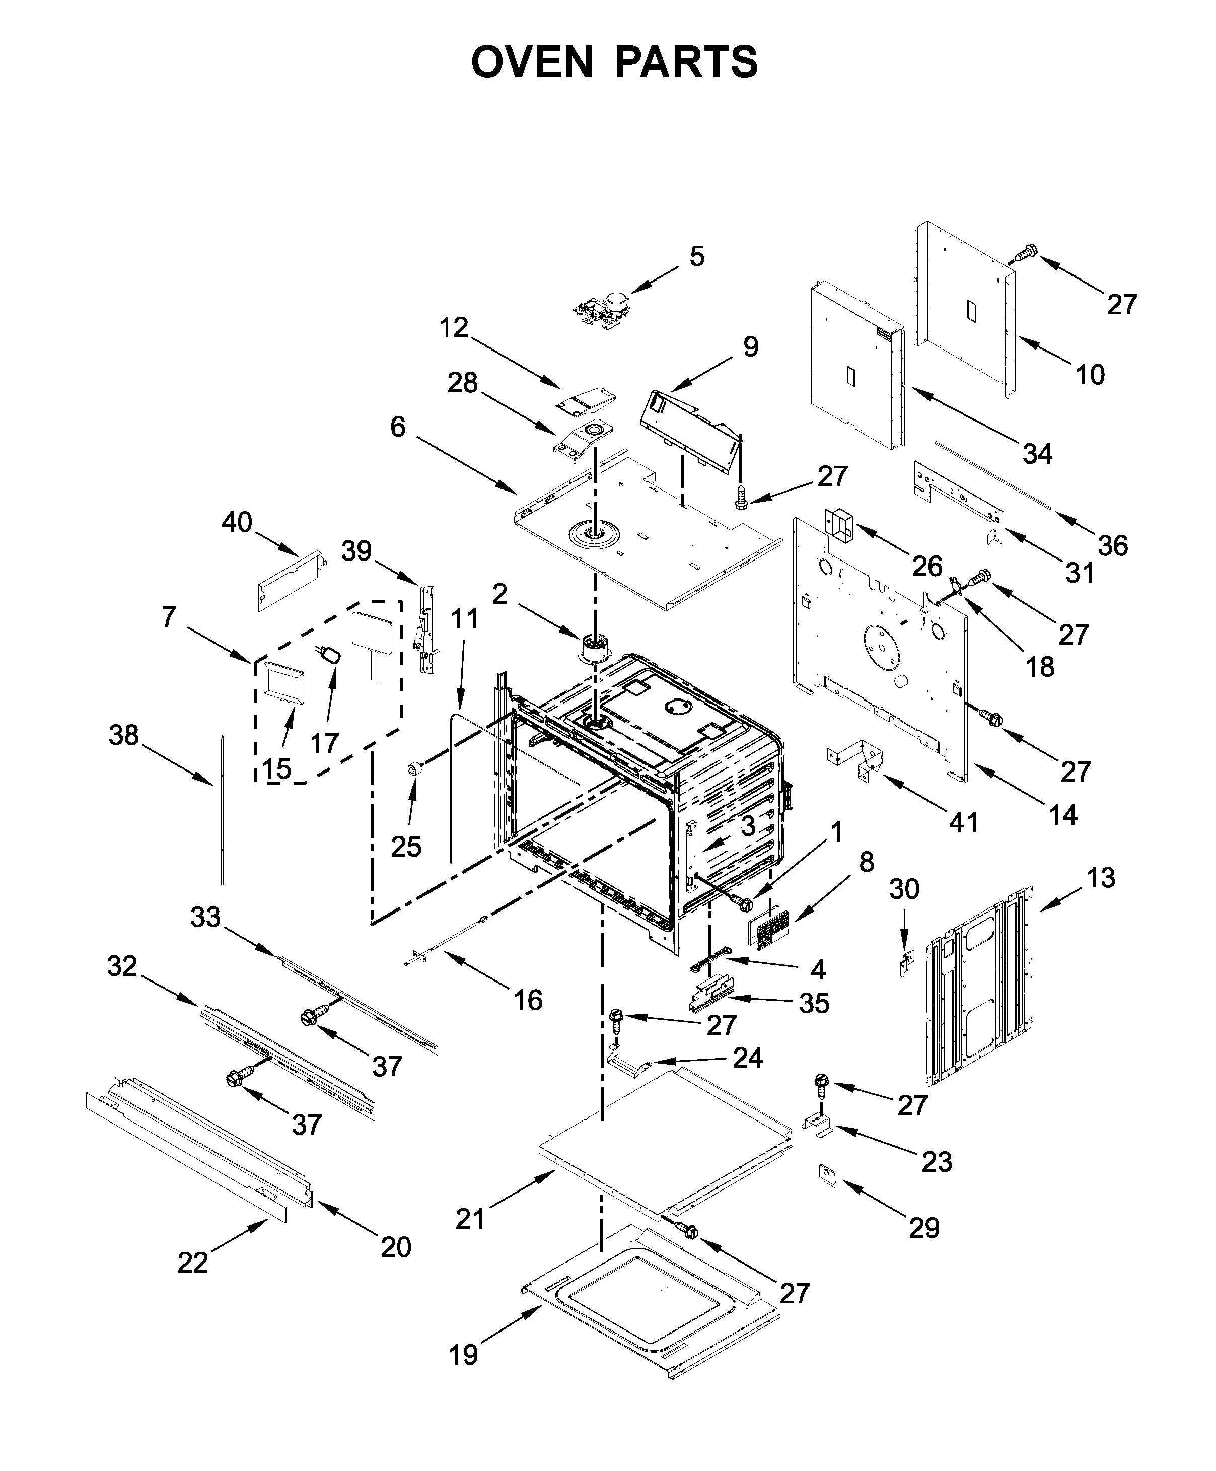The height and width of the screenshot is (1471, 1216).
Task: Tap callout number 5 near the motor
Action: click(x=696, y=257)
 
